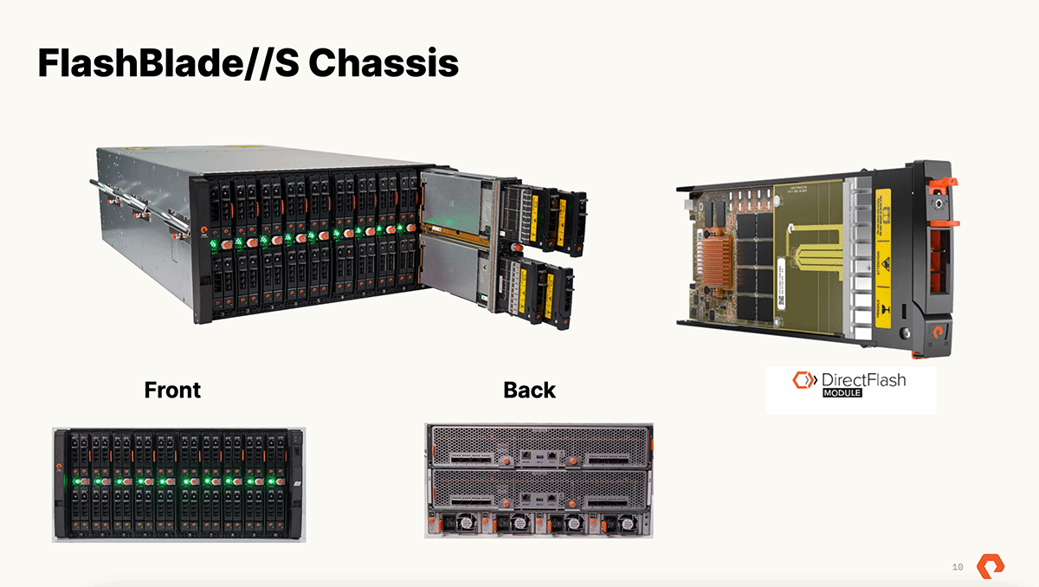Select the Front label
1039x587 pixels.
click(172, 390)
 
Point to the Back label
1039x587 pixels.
click(529, 390)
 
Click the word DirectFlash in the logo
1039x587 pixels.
click(864, 380)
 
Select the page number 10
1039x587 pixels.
click(958, 567)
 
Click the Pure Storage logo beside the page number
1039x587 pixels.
click(991, 566)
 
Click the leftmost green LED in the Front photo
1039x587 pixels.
click(78, 481)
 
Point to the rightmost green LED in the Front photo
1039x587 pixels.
click(274, 481)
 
